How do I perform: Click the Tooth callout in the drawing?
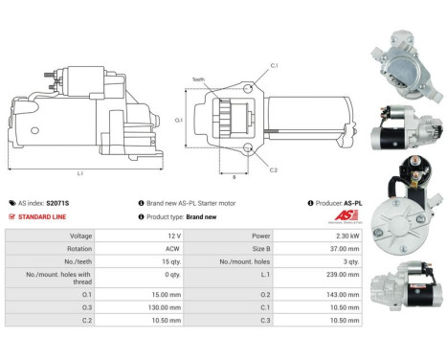click(x=197, y=79)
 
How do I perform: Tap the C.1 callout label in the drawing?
click(x=273, y=65)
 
